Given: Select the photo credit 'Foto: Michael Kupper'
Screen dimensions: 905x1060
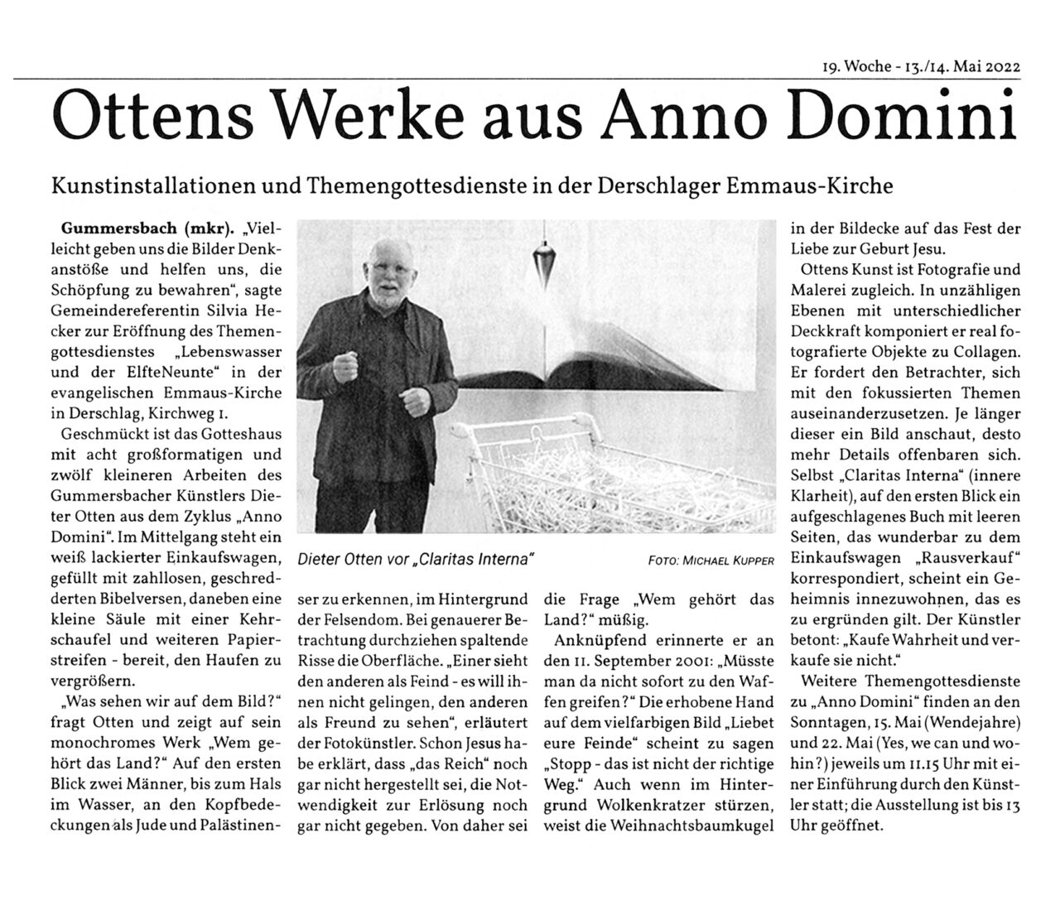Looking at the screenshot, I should click(711, 561).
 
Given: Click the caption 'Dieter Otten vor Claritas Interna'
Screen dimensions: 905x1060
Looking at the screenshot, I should click(415, 560).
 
